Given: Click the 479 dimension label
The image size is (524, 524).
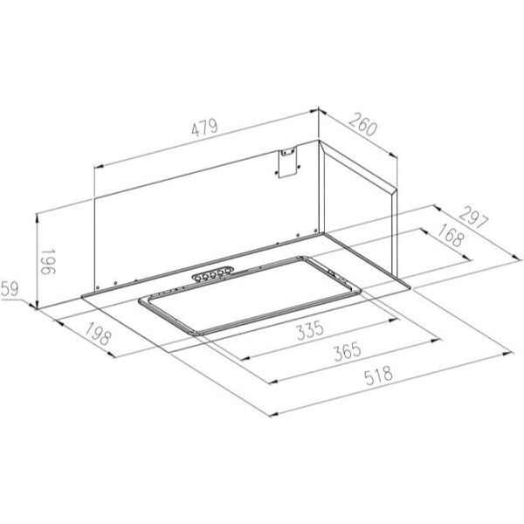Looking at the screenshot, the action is (x=204, y=128).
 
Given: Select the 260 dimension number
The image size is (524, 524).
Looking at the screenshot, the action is (x=362, y=125).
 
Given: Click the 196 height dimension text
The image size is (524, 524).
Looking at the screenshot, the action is (x=48, y=262).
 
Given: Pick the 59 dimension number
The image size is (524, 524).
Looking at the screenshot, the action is (x=10, y=289).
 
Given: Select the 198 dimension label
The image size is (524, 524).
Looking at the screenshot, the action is (x=97, y=334).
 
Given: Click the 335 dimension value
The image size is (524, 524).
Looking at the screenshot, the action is (x=310, y=330).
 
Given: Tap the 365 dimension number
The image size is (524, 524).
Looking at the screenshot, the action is (x=348, y=351).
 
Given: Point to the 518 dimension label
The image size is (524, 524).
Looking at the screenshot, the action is (x=379, y=376).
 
